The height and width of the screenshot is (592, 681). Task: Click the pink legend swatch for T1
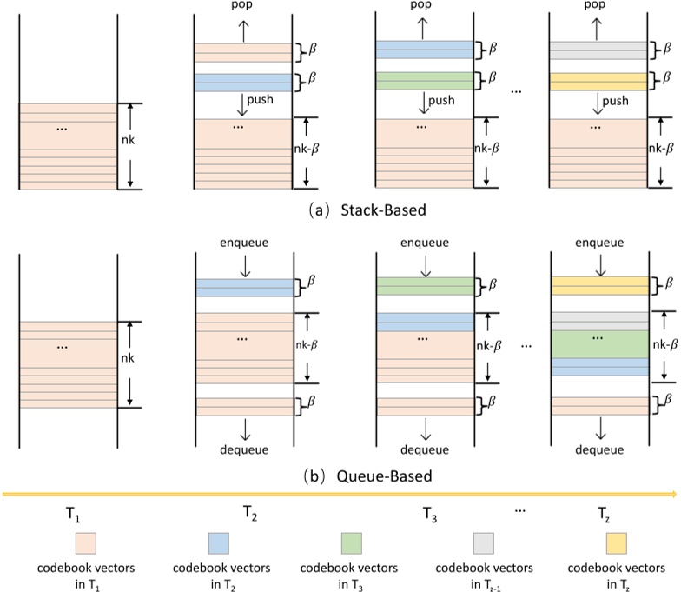(x=83, y=543)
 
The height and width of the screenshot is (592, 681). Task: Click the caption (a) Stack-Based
(x=340, y=210)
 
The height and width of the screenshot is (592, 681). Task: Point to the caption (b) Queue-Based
(x=340, y=476)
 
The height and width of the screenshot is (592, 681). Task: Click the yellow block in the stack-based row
(x=598, y=83)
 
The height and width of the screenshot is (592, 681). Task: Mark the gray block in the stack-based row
(x=598, y=50)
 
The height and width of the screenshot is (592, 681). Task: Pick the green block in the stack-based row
(x=425, y=83)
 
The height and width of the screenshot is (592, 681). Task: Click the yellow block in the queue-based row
(x=598, y=286)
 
